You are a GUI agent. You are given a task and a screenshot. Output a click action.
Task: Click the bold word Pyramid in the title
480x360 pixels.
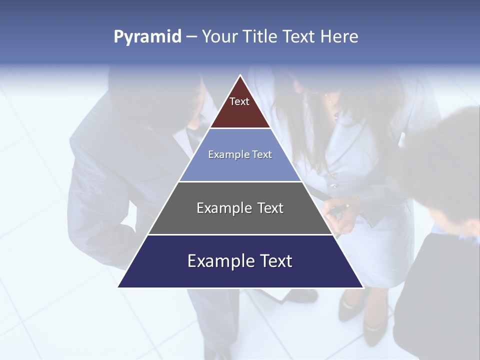pyautogui.click(x=147, y=37)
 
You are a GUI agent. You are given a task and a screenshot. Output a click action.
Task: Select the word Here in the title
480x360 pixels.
pyautogui.click(x=339, y=36)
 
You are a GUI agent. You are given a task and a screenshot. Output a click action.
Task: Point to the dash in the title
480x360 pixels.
pyautogui.click(x=191, y=37)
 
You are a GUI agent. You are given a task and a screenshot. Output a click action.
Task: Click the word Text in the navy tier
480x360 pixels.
pyautogui.click(x=274, y=261)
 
